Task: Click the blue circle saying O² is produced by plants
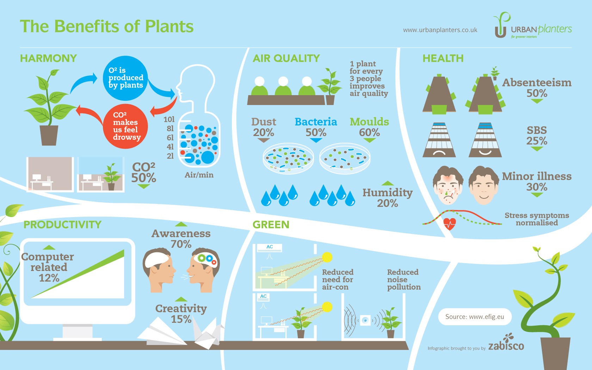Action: click(x=125, y=78)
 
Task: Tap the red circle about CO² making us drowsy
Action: click(x=125, y=126)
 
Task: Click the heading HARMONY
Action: click(x=48, y=58)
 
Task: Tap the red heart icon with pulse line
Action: click(x=450, y=224)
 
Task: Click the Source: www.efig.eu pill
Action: click(x=475, y=316)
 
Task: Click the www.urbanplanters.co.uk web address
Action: click(x=440, y=30)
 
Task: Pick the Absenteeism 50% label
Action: click(x=537, y=88)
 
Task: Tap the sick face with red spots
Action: click(x=448, y=185)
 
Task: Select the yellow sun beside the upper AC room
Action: click(x=327, y=257)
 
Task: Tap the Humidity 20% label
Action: click(x=388, y=197)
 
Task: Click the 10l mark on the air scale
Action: click(x=169, y=119)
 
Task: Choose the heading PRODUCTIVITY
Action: click(x=62, y=225)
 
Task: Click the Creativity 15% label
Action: click(x=181, y=314)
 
